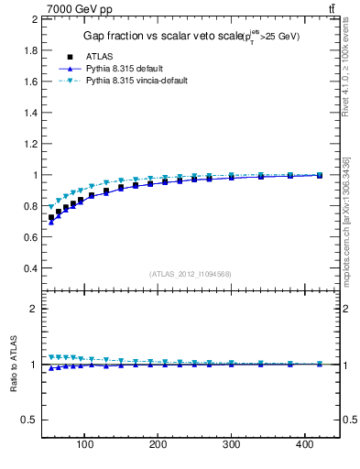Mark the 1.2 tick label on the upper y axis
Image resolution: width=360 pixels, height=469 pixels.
(x=29, y=144)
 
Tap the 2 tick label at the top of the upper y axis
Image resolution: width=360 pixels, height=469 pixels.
(x=34, y=18)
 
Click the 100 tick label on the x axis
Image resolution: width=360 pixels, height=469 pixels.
(x=85, y=444)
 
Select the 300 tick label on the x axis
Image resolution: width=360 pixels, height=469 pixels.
(x=232, y=444)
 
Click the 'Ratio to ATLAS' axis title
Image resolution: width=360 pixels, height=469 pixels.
(x=15, y=365)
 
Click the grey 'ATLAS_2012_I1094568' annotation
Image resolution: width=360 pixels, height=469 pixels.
(x=191, y=273)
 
